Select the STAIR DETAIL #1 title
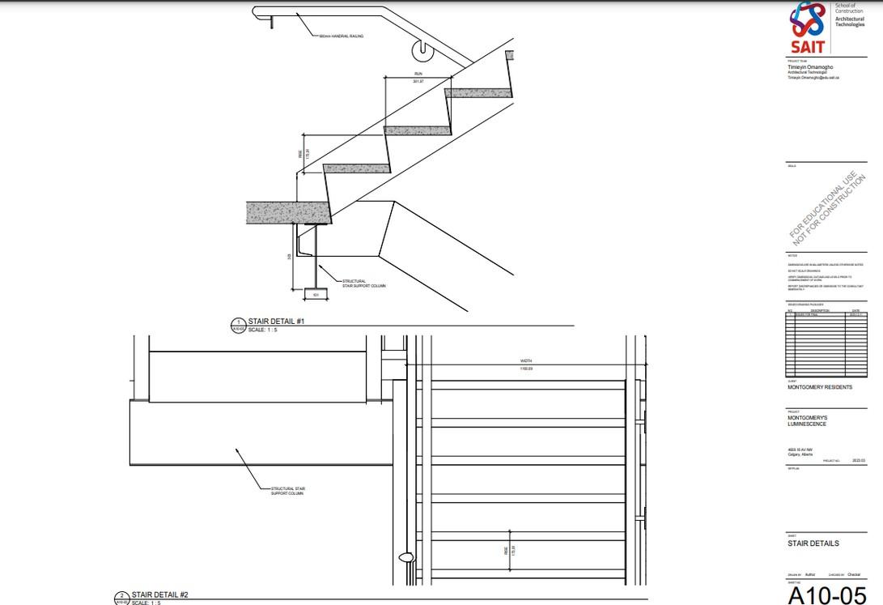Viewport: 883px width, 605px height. (276, 322)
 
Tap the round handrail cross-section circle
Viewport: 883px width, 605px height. (422, 50)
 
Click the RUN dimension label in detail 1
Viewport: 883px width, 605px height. (418, 74)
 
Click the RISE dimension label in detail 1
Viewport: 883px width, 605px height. (299, 152)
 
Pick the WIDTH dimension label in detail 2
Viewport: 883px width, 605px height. (526, 361)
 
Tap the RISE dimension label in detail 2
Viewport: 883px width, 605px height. (505, 550)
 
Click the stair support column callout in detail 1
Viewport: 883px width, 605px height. (349, 283)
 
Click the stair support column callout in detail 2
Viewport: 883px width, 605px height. (287, 491)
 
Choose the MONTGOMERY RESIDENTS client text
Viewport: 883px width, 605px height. (819, 387)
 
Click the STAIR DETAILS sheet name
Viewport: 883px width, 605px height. (813, 543)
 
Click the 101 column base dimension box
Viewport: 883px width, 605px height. (315, 294)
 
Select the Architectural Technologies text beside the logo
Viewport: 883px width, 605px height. (850, 20)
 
